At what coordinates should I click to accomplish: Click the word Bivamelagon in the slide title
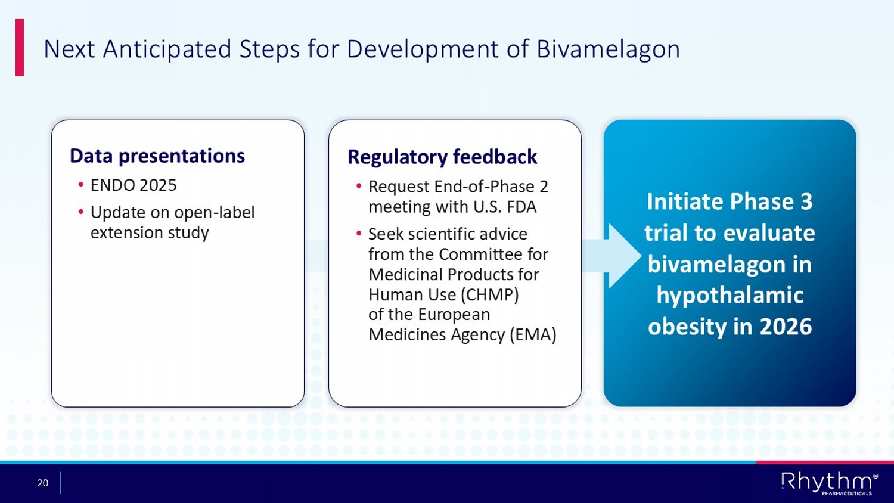click(608, 49)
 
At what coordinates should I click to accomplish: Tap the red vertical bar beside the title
click(20, 48)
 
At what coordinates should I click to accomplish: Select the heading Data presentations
click(157, 156)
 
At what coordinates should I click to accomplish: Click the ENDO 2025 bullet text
click(134, 185)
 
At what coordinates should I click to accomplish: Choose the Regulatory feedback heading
click(442, 157)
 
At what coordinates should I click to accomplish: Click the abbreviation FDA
click(521, 207)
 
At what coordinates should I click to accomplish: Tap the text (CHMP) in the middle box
click(490, 294)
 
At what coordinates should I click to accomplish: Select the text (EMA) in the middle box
click(533, 334)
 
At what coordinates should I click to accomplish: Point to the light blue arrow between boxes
click(611, 256)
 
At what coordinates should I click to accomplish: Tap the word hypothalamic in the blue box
click(730, 296)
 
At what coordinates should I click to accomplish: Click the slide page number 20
click(43, 483)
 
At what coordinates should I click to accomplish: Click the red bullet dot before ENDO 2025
click(81, 184)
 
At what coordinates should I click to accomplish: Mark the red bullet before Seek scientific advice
click(359, 233)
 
